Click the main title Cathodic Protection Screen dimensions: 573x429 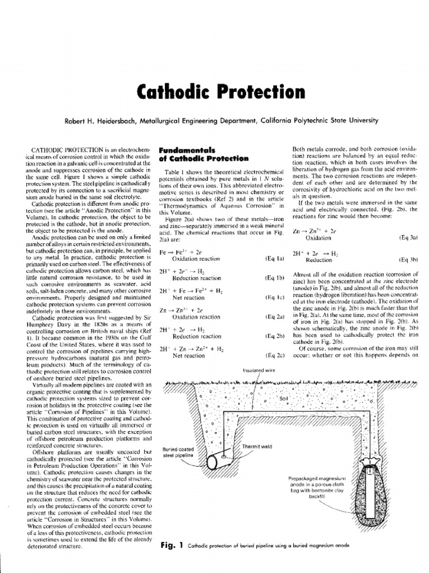(x=214, y=90)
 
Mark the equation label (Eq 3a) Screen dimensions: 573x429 (x=407, y=237)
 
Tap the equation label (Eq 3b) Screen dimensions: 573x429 (x=407, y=260)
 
